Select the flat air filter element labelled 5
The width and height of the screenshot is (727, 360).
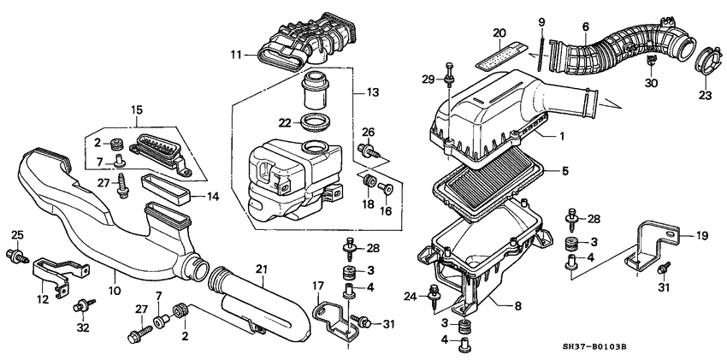click(492, 174)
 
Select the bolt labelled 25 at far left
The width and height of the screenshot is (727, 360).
click(15, 254)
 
